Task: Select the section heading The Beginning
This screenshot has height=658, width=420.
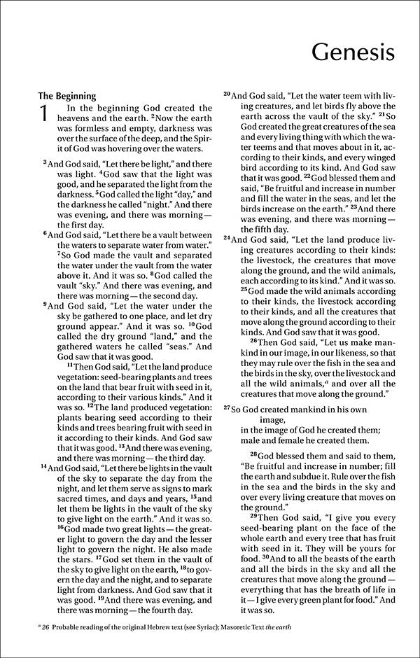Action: tap(66, 96)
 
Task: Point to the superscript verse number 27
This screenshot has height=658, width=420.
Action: tap(226, 407)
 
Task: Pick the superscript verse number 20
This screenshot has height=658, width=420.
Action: tap(226, 94)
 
